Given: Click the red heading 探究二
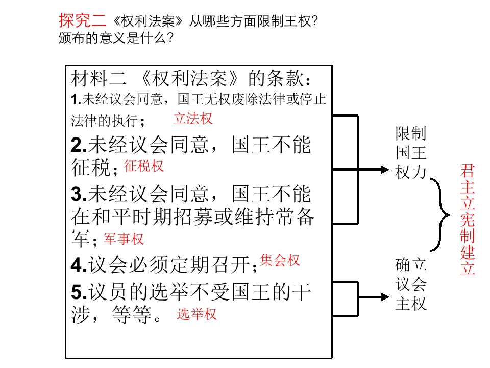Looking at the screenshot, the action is [83, 20].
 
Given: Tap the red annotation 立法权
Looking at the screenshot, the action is [193, 119].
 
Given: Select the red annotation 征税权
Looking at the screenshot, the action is [144, 166].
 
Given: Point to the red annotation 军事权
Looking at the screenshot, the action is [124, 239].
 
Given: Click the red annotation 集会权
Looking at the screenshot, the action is [280, 260].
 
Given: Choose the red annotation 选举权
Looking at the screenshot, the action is [197, 314].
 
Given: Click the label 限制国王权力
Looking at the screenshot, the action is [410, 153].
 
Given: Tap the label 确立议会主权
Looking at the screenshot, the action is [410, 284].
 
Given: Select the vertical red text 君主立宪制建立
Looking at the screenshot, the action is [468, 219].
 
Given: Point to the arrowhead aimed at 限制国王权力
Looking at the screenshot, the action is [385, 170].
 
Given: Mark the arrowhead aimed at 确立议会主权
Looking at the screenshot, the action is [385, 297].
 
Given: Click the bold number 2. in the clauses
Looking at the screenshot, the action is [79, 145].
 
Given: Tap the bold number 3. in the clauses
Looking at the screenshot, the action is [79, 194].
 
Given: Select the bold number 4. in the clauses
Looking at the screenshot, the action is [79, 265].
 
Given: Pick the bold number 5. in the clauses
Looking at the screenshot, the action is [79, 292].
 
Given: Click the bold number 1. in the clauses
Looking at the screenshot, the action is [76, 99].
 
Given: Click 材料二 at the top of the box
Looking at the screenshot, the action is [99, 78].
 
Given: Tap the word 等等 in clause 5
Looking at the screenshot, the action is [132, 314].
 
